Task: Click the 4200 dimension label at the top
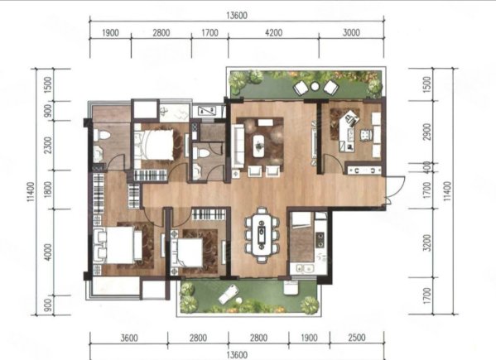click(x=273, y=32)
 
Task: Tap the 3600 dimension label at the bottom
click(x=129, y=338)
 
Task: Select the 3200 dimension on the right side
click(x=427, y=242)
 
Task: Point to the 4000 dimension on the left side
click(x=48, y=252)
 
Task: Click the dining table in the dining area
click(x=262, y=234)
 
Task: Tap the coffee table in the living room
click(x=259, y=146)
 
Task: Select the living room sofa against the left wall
click(x=238, y=146)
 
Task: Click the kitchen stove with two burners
click(x=320, y=239)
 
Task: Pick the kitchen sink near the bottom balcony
click(x=304, y=269)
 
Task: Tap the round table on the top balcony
click(x=315, y=86)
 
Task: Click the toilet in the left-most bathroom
click(x=102, y=135)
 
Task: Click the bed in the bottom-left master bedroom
click(x=118, y=245)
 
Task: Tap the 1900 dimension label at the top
click(x=110, y=32)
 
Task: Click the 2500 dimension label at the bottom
click(x=357, y=338)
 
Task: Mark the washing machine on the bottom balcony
click(x=291, y=288)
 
